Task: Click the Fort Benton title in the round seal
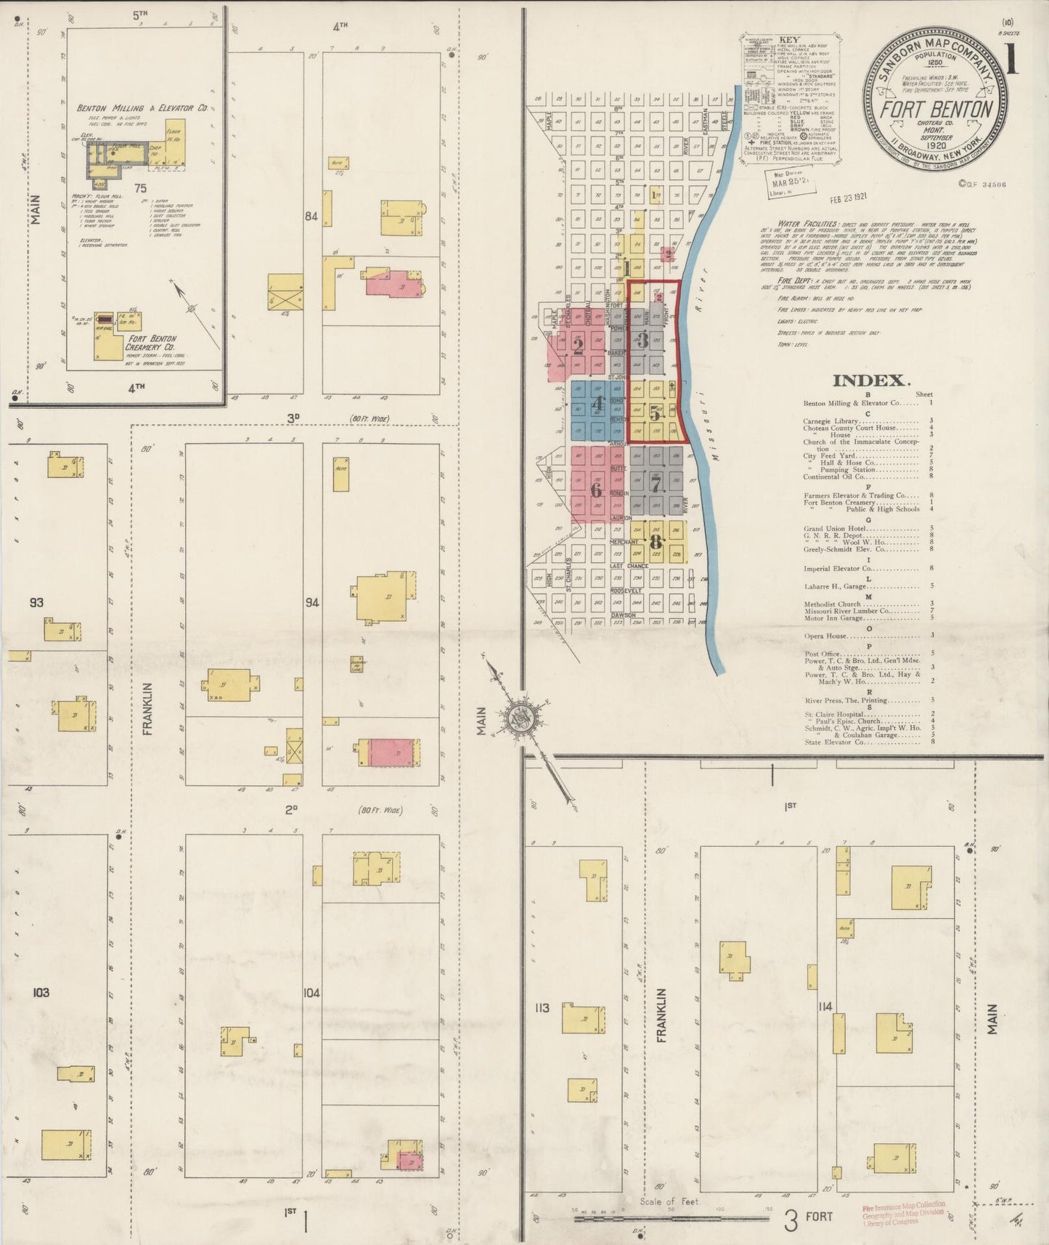936,110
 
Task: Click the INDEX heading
870,381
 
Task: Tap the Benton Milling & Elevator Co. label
142,108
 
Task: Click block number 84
311,216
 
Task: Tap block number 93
36,603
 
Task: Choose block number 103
41,991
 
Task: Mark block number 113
542,1007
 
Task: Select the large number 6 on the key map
596,490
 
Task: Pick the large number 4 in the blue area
597,405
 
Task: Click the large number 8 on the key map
657,542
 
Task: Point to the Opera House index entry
826,636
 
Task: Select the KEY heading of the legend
789,40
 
